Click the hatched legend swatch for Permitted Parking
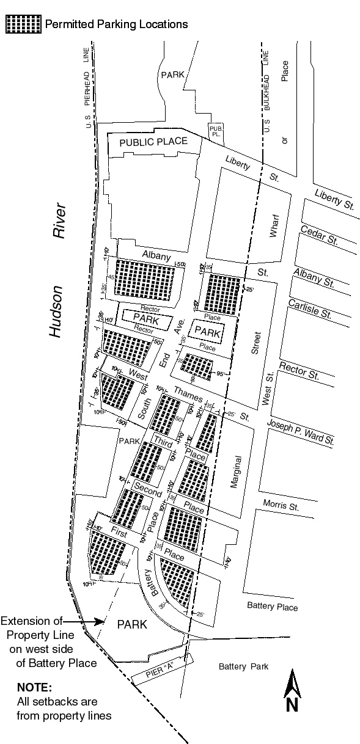click(23, 24)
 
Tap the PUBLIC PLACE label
click(153, 142)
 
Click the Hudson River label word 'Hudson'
click(57, 312)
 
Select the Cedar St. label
click(319, 235)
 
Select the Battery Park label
click(243, 666)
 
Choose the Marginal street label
click(236, 471)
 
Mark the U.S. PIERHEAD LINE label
click(89, 86)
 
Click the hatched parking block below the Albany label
click(146, 279)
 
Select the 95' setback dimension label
click(221, 374)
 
